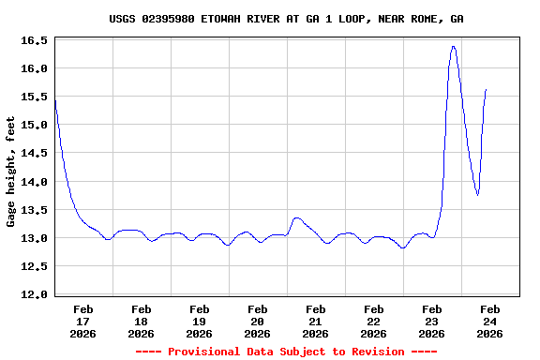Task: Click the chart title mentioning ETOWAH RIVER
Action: point(286,19)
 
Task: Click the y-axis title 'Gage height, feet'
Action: point(11,172)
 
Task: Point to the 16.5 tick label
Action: point(34,41)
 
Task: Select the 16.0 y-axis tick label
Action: point(34,69)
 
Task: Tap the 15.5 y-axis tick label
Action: point(34,97)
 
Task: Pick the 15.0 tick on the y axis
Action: point(34,126)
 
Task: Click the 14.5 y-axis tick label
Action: point(34,154)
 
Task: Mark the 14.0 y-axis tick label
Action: point(34,182)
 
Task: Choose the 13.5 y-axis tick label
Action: point(34,210)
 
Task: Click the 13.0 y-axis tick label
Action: point(34,238)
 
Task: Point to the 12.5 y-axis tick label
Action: point(34,266)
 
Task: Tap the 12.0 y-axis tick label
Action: point(34,294)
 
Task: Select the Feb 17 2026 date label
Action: point(83,321)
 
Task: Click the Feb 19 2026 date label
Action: point(200,321)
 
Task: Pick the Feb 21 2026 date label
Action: point(316,321)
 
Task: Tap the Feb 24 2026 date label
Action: point(489,321)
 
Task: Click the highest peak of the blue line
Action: point(454,46)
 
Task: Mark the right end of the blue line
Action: point(486,89)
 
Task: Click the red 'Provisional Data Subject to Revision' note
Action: point(286,352)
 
